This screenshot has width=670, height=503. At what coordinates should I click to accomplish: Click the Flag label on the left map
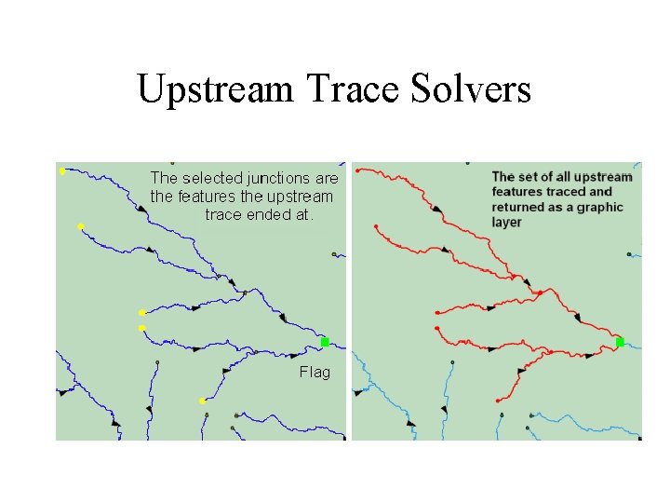315,373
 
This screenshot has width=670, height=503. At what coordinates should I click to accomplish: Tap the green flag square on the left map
325,343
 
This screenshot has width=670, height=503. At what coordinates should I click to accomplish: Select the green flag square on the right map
620,343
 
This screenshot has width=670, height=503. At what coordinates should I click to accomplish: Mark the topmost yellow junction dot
61,171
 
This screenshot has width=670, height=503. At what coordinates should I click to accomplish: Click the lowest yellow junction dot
202,401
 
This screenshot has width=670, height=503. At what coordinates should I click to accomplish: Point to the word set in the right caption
528,177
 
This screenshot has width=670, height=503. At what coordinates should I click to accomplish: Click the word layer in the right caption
507,222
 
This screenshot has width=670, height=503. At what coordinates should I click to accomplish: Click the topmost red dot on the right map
359,170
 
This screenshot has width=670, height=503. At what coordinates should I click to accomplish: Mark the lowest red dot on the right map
499,401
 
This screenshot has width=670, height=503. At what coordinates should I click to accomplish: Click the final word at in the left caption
307,214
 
